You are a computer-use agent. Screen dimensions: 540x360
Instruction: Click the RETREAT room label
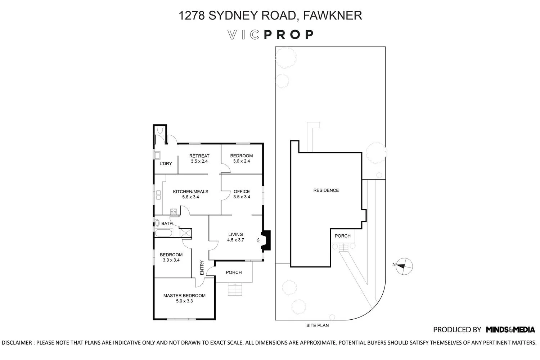coord(199,156)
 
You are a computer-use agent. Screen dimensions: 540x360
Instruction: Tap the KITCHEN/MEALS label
coord(190,192)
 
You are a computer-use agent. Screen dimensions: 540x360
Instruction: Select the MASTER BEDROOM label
coord(184,296)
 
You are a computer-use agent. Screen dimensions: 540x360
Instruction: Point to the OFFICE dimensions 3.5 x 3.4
coord(242,197)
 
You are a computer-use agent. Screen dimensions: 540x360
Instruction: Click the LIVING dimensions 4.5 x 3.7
coord(235,240)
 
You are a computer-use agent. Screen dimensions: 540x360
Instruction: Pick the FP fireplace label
coord(259,240)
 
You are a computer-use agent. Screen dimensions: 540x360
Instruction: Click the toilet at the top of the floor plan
coord(160,130)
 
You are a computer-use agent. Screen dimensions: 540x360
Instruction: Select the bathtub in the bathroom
coord(163,233)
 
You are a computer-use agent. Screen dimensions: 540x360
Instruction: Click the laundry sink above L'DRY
coord(157,155)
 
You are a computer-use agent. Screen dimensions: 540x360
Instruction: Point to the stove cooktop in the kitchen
coord(173,212)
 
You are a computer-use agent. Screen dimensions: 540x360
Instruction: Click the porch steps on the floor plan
coord(235,289)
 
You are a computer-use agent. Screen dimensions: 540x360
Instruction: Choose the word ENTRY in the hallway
coord(202,267)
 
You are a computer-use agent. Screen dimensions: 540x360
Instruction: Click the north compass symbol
coord(404,266)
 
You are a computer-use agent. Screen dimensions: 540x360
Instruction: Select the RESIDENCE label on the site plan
coord(326,190)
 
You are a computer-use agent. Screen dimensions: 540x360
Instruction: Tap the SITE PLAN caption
coord(318,325)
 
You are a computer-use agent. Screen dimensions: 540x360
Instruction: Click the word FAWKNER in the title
coord(332,15)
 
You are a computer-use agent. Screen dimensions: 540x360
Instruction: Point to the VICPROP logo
coord(270,35)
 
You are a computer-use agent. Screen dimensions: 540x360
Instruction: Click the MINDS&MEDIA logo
coord(510,330)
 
